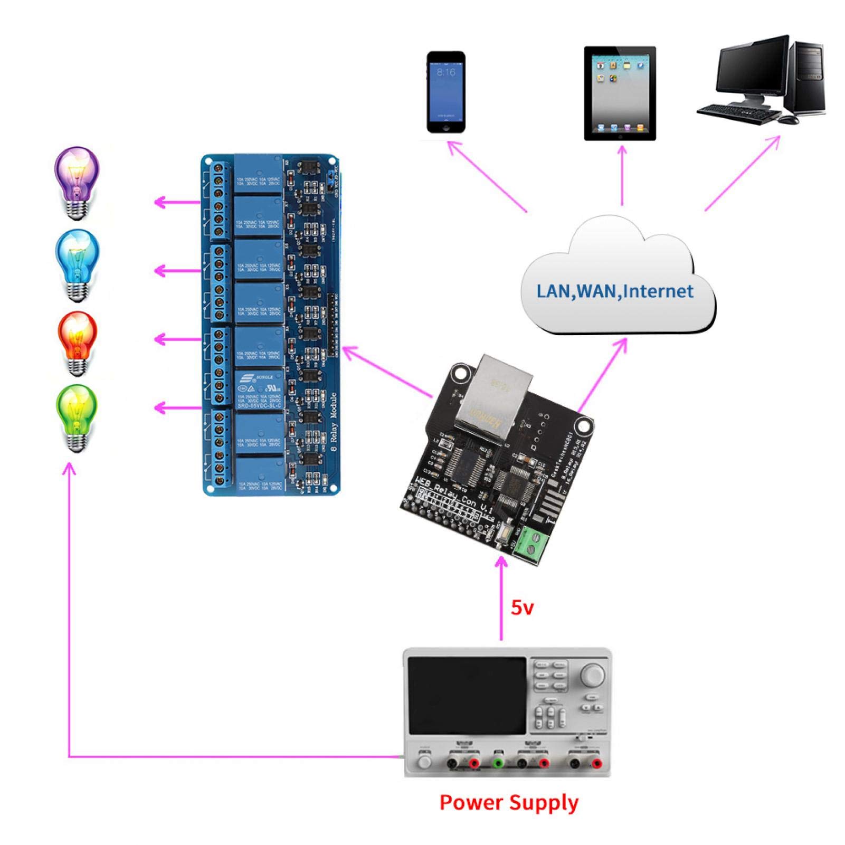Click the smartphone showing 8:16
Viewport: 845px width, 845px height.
click(446, 92)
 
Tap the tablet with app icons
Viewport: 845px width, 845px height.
click(620, 93)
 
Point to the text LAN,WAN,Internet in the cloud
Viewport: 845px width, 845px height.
click(615, 291)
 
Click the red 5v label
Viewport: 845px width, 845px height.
click(522, 608)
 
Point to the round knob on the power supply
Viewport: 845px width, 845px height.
click(593, 675)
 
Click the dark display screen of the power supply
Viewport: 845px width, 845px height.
click(467, 696)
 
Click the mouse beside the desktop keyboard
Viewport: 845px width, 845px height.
click(789, 119)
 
